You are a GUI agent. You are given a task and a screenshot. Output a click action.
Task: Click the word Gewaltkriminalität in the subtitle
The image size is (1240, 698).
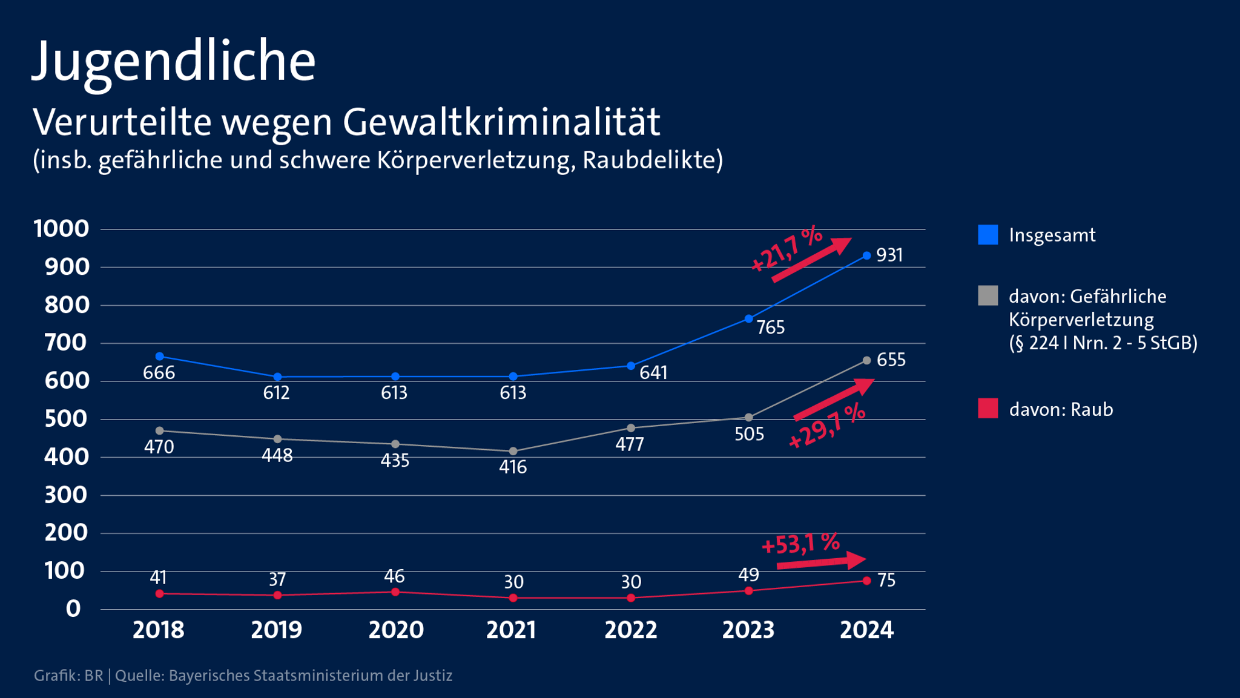pos(501,123)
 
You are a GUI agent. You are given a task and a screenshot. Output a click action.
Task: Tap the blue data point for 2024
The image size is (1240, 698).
pos(866,256)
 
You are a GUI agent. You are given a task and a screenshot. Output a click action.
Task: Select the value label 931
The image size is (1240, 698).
pos(889,255)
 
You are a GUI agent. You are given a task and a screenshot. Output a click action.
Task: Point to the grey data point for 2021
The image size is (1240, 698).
pos(513,451)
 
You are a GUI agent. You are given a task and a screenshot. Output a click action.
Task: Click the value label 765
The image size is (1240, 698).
pos(770,328)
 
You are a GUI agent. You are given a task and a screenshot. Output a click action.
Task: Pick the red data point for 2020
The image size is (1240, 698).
pos(395,592)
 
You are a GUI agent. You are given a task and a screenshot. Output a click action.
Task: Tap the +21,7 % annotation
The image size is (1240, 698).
pos(786,249)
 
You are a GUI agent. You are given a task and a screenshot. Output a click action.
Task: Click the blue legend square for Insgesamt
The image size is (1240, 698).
pos(988,235)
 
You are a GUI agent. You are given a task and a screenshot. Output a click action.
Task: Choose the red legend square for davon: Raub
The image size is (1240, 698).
pos(988,409)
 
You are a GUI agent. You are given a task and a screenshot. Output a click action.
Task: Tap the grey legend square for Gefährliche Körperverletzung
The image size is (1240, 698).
pos(988,296)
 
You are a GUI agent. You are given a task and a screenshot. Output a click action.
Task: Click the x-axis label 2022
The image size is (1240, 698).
pos(630,630)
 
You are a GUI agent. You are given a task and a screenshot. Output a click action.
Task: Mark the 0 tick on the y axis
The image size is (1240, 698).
pos(73,609)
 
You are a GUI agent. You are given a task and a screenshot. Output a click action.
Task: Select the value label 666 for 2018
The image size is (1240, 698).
pos(159,373)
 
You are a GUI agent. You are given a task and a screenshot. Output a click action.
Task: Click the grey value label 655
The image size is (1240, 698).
pos(891,360)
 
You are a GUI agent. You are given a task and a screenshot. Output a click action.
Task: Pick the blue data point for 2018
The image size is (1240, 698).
pos(160,357)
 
